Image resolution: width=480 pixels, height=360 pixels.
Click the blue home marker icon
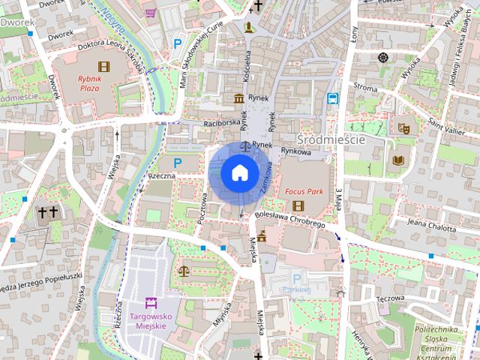(x=239, y=172)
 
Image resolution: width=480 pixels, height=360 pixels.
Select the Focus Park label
(x=304, y=192)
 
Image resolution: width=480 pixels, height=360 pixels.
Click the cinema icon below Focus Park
(x=298, y=206)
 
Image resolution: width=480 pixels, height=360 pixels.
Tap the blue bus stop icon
(x=331, y=97)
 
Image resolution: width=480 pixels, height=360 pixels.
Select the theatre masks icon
(x=403, y=129)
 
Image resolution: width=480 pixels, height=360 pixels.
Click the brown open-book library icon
(x=397, y=160)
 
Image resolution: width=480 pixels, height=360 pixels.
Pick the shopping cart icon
(x=151, y=12)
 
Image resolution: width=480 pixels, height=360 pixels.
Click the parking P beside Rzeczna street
(x=178, y=163)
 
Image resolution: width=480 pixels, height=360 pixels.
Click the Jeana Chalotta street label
(x=431, y=223)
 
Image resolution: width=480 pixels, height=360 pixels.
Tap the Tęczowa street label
(x=391, y=297)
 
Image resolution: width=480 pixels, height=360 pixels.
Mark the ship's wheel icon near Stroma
(x=383, y=58)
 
